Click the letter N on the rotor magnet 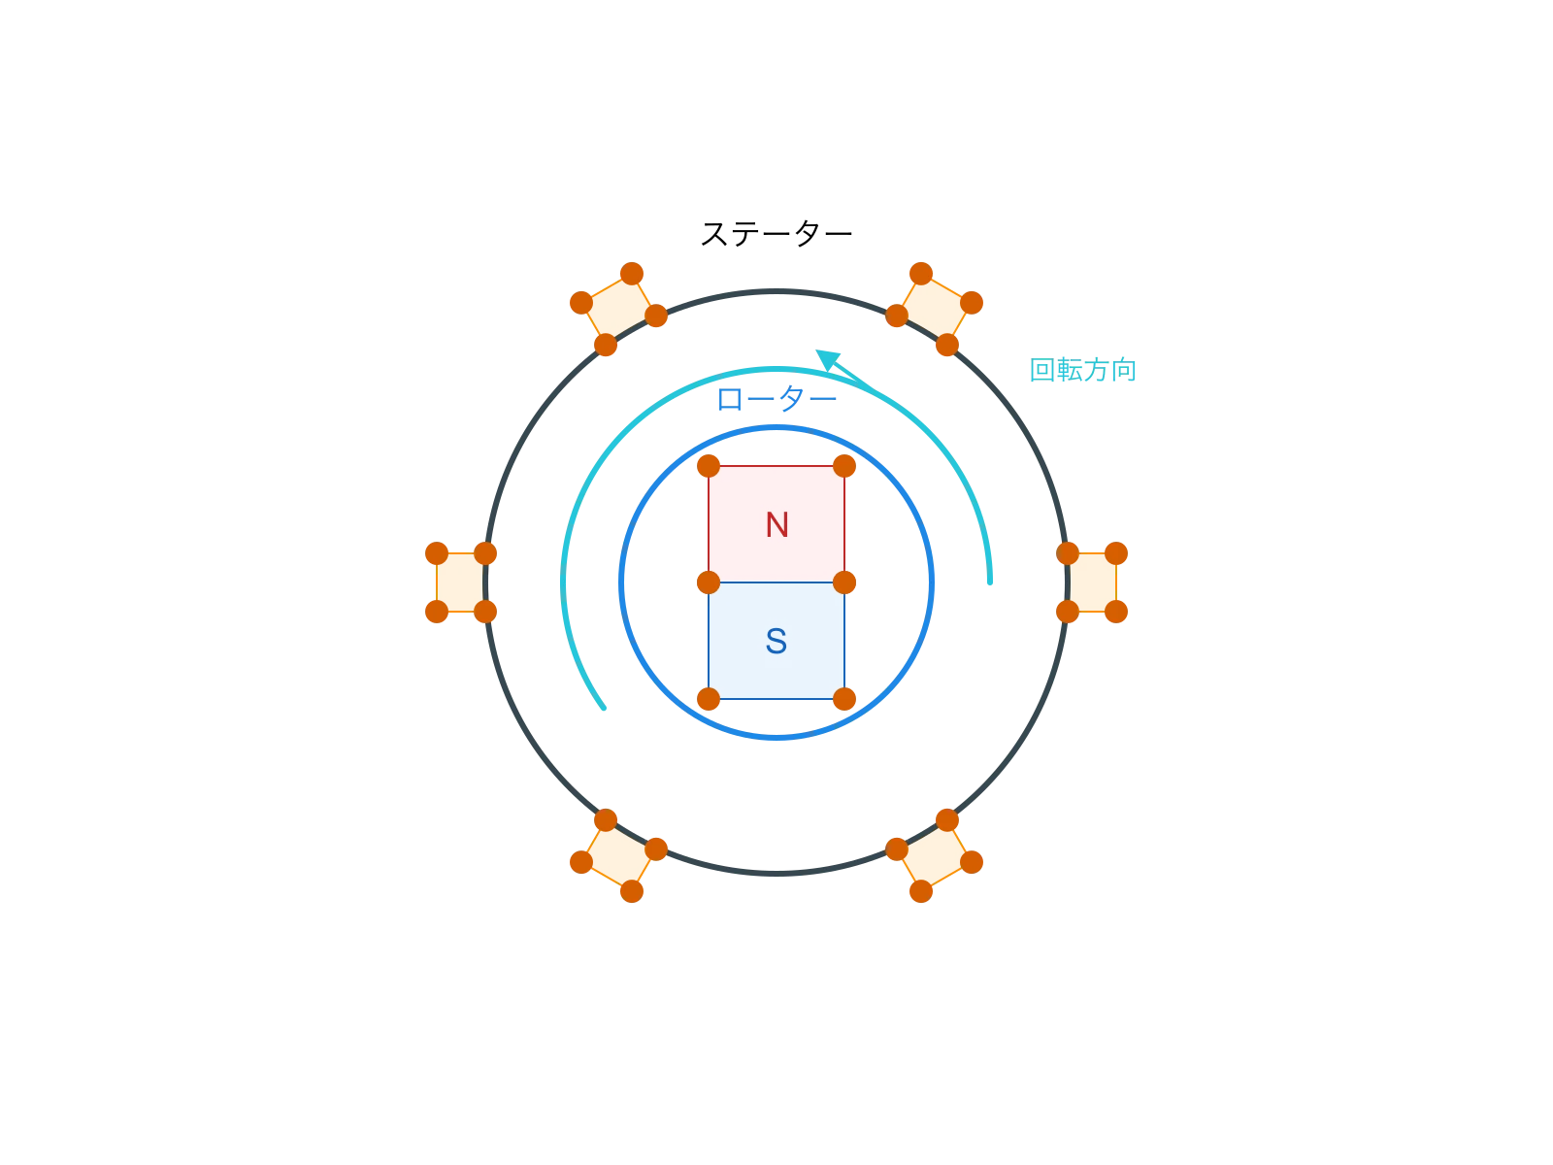(776, 525)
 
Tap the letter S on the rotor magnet (776, 642)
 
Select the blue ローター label (776, 399)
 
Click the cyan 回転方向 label (1082, 371)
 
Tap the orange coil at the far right (1093, 582)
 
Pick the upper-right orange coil (935, 309)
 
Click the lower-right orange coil (935, 856)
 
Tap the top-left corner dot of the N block (709, 466)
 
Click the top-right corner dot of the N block (844, 466)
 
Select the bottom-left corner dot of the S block (709, 699)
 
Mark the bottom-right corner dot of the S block (844, 699)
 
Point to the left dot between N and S (709, 582)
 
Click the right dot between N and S (844, 582)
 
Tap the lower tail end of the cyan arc (608, 711)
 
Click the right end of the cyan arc (990, 586)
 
